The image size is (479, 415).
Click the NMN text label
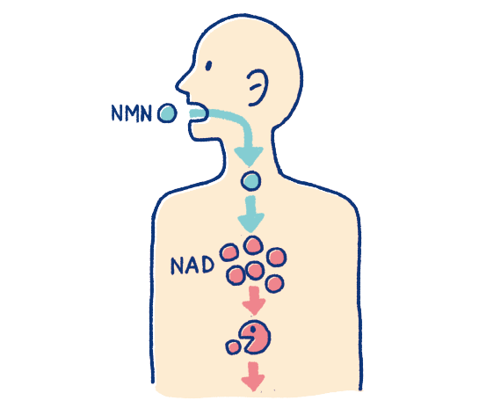131,113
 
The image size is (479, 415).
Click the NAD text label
192,266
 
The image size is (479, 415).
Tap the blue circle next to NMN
167,113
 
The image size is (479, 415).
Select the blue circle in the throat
250,181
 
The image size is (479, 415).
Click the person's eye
208,66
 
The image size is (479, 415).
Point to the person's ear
258,87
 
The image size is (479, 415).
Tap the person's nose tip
178,86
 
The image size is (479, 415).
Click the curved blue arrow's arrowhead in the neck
249,157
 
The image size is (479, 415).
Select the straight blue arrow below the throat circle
250,214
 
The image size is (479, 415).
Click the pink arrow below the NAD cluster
254,300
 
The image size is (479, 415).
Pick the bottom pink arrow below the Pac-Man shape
253,376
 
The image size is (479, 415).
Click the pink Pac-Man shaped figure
256,337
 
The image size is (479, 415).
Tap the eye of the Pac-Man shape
252,330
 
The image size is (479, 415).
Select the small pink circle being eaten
233,347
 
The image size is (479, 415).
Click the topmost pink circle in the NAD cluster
253,245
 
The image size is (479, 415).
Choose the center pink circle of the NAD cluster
255,271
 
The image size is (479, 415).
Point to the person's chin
195,136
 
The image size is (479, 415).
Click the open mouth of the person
197,113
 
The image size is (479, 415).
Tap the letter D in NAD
207,265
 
